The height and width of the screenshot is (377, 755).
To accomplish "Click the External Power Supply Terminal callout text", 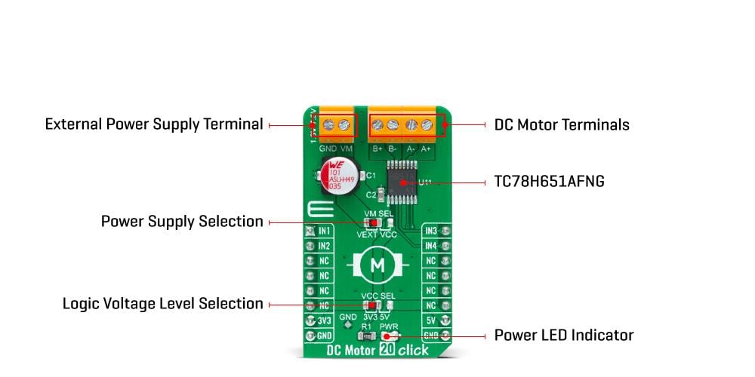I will click(x=154, y=124).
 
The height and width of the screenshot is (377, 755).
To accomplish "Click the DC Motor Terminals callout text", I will click(x=561, y=124).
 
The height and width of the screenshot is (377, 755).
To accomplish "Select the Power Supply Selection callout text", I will click(x=182, y=222).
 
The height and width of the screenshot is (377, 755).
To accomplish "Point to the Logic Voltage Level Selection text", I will click(x=162, y=304).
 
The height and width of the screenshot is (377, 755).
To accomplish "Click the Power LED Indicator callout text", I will click(x=563, y=335).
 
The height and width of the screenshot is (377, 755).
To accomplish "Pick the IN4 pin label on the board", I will click(x=430, y=246).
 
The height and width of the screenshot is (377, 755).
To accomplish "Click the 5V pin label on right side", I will click(x=430, y=320).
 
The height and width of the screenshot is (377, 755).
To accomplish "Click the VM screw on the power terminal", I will click(x=346, y=124).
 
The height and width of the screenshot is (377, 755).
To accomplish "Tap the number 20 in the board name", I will click(x=388, y=351).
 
